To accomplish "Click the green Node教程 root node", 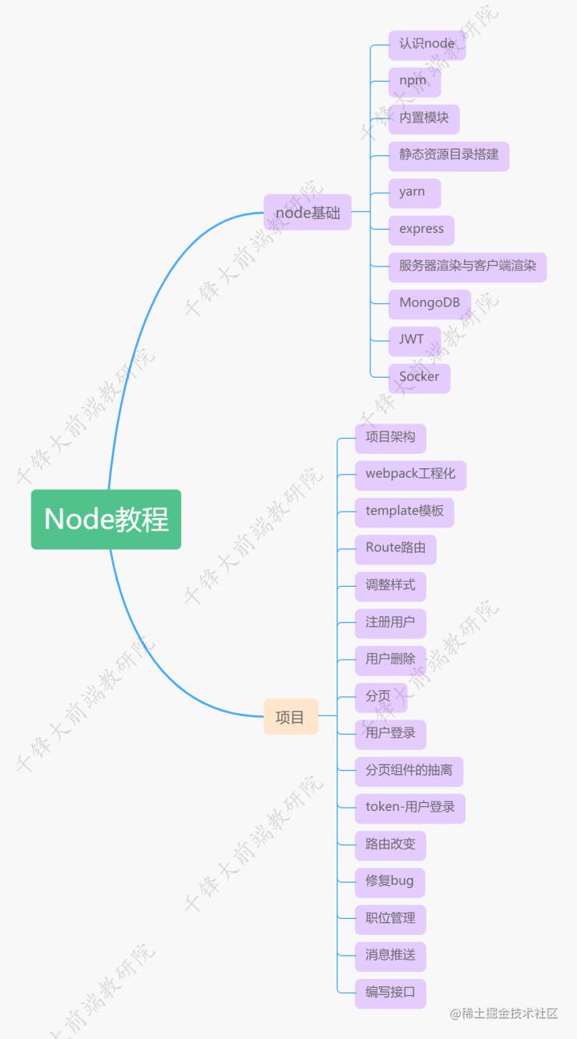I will (106, 519).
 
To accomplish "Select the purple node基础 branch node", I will (308, 213).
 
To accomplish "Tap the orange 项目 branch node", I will (290, 716).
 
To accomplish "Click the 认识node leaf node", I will (426, 44).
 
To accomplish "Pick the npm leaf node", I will (414, 81).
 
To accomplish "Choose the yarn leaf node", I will (414, 192).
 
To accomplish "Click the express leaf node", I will (422, 229).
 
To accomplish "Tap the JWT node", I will (413, 339).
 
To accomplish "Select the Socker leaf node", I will (419, 377).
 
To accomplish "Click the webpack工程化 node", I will (410, 474).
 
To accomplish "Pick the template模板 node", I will (404, 511).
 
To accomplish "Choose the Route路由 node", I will (395, 548).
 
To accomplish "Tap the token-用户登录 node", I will (410, 807).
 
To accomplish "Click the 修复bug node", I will (389, 881).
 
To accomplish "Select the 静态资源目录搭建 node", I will (449, 154).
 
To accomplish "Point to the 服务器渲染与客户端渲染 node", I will (467, 266).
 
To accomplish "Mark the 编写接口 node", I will (390, 993).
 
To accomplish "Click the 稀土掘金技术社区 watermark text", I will (503, 1013).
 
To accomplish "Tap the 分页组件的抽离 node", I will (409, 770).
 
